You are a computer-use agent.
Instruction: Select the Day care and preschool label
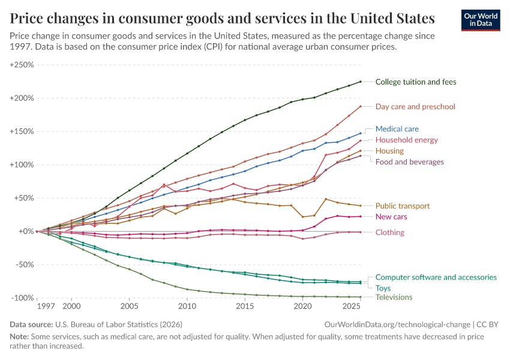point(415,107)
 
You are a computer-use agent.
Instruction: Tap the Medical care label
point(397,129)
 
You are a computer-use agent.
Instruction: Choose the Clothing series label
point(390,232)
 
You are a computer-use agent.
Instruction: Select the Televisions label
point(394,297)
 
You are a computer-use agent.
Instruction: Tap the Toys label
point(383,288)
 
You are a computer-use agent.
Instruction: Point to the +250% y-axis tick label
point(22,65)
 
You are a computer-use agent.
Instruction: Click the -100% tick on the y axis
point(22,298)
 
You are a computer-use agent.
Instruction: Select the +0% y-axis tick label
point(25,231)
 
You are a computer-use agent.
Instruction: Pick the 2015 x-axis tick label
point(245,307)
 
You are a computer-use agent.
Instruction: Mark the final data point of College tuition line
point(361,82)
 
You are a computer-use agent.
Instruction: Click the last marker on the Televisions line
point(361,297)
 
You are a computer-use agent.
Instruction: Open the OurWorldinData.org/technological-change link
point(407,324)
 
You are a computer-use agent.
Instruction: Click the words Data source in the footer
point(31,324)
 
